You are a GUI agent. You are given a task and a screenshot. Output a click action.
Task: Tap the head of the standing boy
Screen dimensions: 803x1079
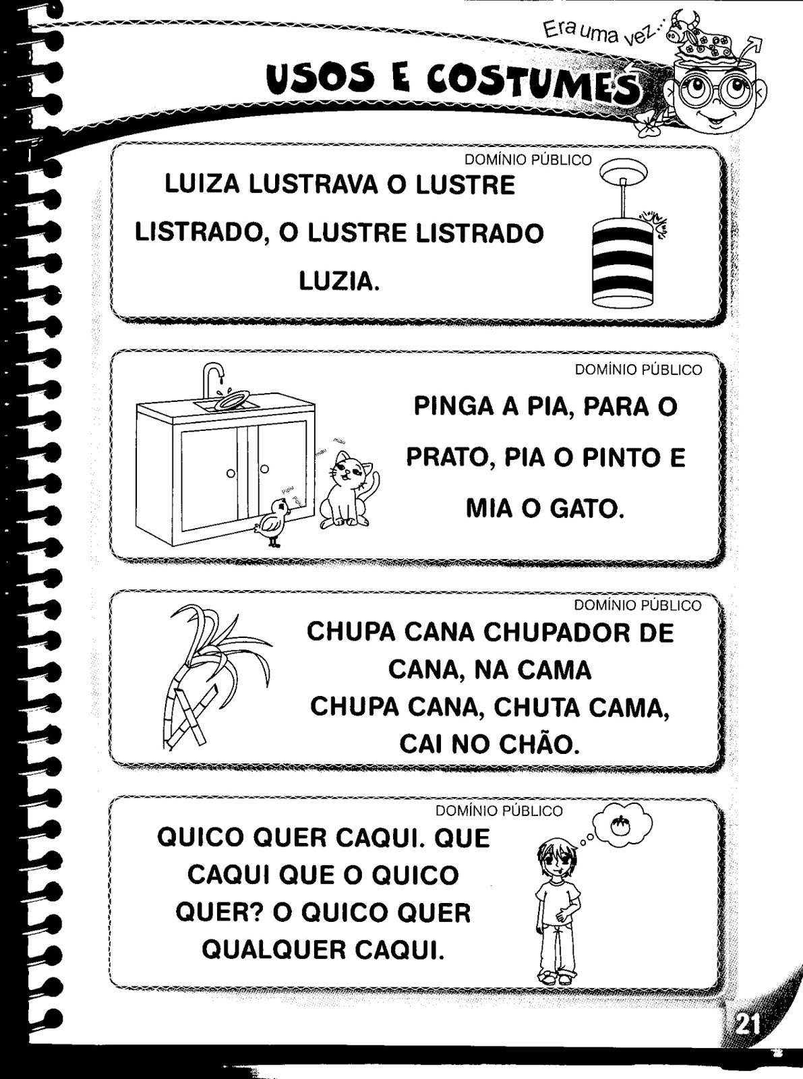[556, 860]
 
